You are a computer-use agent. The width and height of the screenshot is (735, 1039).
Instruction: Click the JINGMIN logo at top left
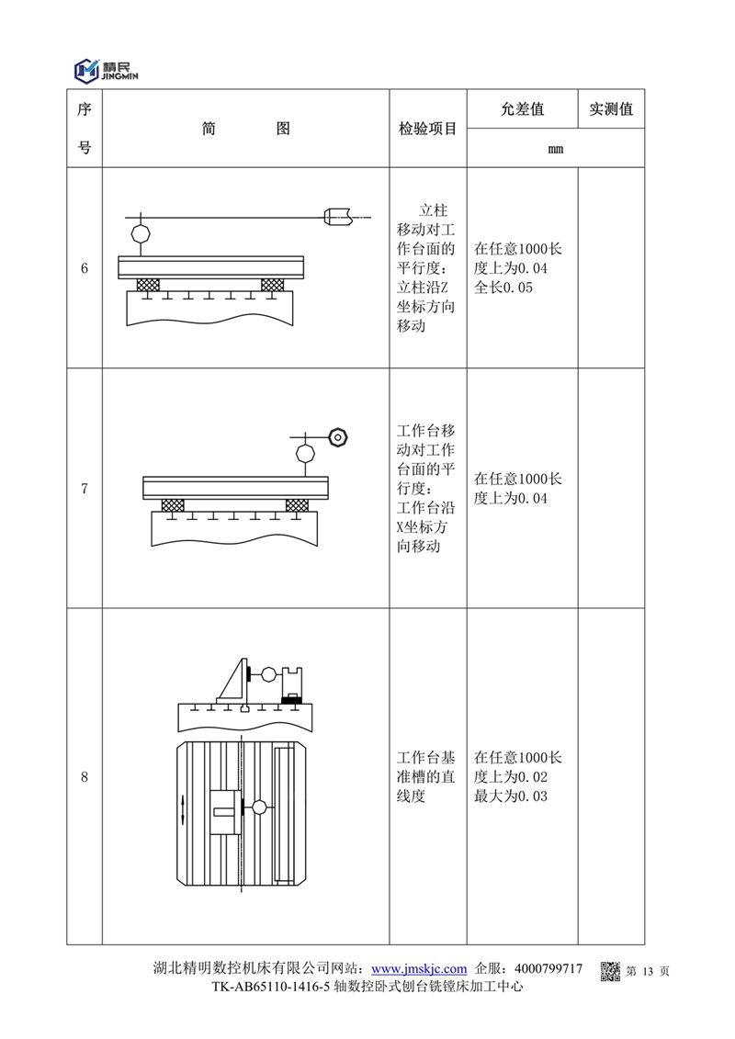pyautogui.click(x=107, y=67)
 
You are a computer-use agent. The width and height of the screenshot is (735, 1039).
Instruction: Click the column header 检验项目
pyautogui.click(x=427, y=129)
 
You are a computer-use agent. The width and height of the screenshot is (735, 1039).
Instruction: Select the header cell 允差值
pyautogui.click(x=522, y=109)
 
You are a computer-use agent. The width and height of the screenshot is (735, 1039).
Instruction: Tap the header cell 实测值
pyautogui.click(x=611, y=109)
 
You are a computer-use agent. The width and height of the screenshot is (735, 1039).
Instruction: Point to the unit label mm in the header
pyautogui.click(x=555, y=149)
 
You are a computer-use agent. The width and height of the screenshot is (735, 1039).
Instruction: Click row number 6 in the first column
pyautogui.click(x=84, y=269)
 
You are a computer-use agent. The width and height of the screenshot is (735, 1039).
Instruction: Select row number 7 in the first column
pyautogui.click(x=84, y=489)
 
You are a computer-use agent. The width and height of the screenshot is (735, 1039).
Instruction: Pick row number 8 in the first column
pyautogui.click(x=84, y=777)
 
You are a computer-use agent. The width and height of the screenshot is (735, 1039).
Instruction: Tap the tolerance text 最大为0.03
pyautogui.click(x=510, y=796)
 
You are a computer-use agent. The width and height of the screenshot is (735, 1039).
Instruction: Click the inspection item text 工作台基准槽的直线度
pyautogui.click(x=426, y=777)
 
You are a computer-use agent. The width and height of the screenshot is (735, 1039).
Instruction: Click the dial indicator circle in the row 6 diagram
pyautogui.click(x=141, y=232)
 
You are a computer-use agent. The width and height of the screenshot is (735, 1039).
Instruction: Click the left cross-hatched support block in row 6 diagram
pyautogui.click(x=148, y=285)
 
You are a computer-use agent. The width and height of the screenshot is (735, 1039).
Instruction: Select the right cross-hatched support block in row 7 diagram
pyautogui.click(x=297, y=504)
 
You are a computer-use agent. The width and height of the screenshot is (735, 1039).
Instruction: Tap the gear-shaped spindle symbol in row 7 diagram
pyautogui.click(x=338, y=436)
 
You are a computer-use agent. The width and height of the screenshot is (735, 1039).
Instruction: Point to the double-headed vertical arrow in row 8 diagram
pyautogui.click(x=183, y=807)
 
